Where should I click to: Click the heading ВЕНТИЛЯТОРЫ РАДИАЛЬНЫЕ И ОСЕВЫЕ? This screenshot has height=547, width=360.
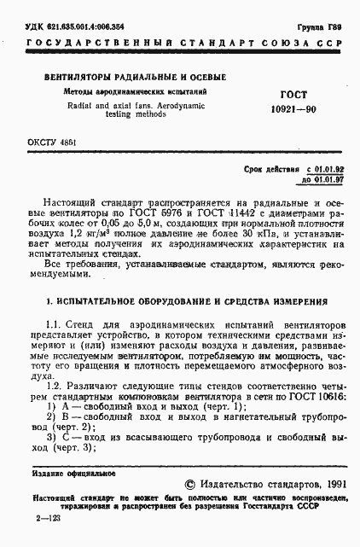tap(118, 77)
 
